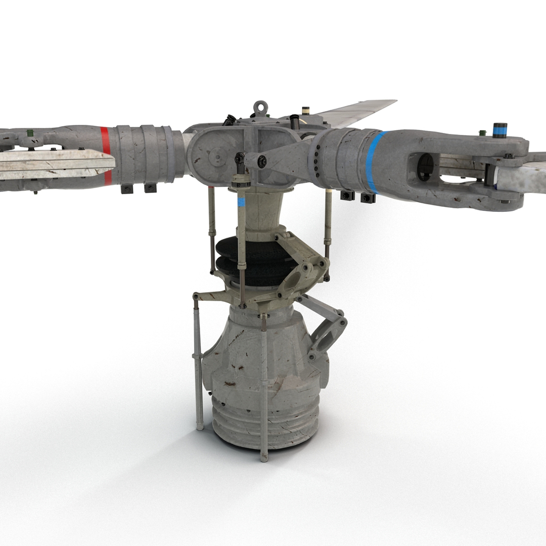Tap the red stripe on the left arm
click(105, 155)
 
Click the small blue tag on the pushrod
click(241, 202)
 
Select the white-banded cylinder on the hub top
click(305, 111)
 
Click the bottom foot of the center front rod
click(264, 458)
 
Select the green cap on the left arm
click(30, 133)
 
